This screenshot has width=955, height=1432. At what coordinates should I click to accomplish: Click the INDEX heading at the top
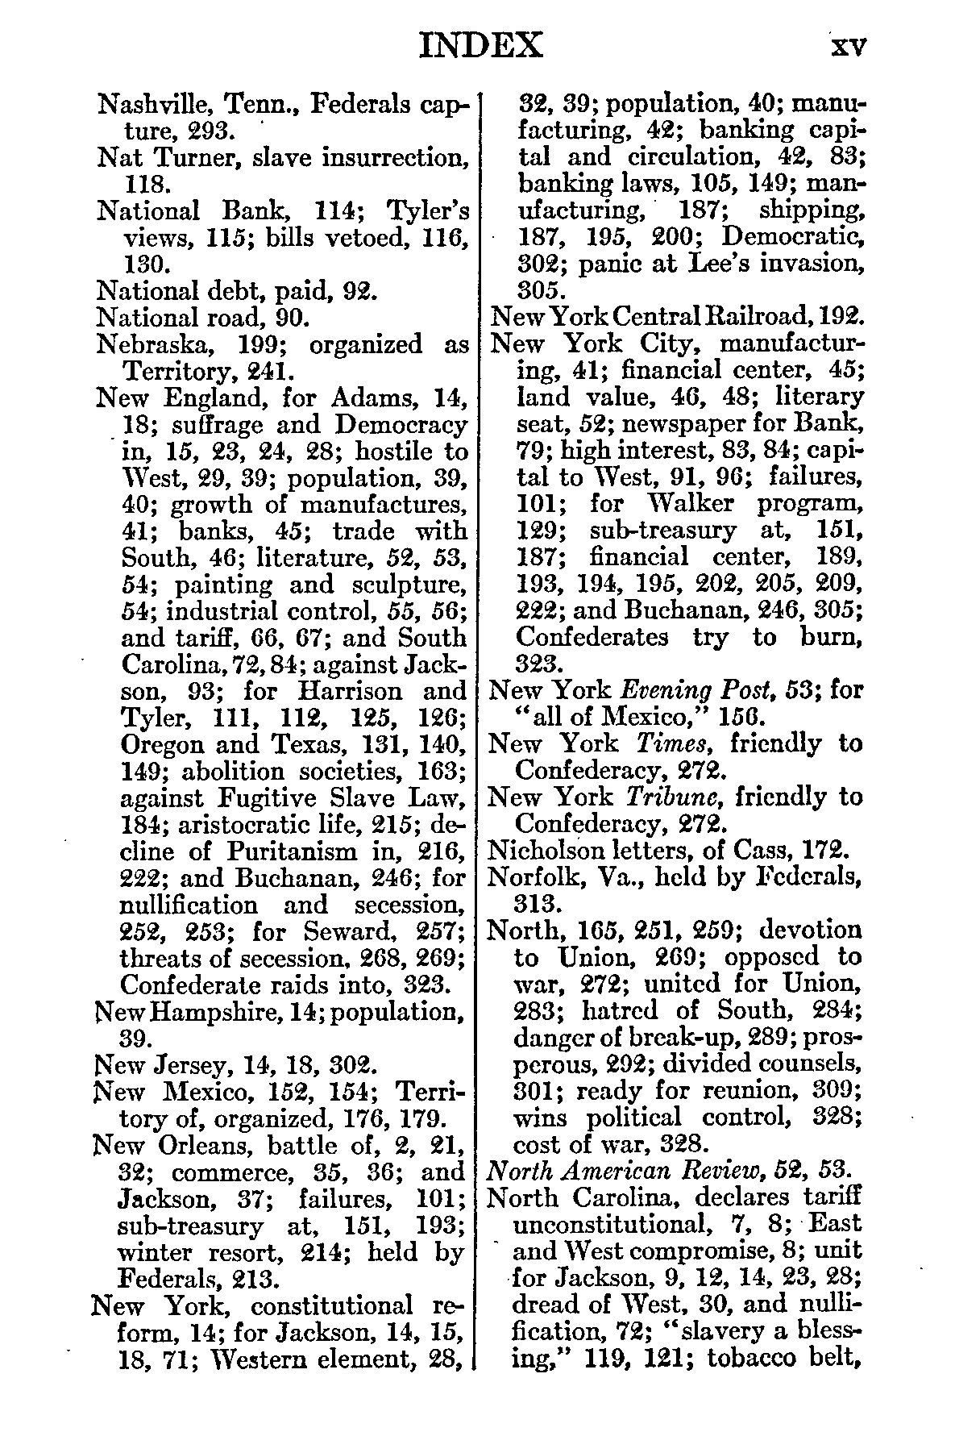point(481,46)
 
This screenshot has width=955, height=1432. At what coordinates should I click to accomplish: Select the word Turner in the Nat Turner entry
point(193,157)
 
